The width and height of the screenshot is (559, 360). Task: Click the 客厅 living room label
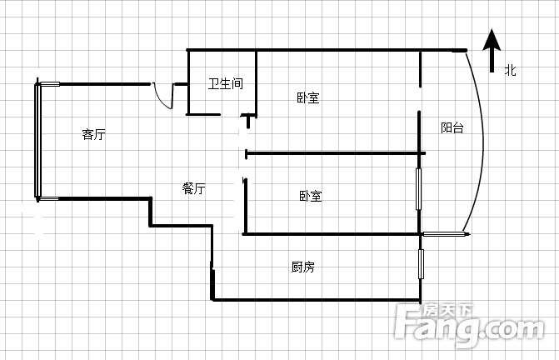pyautogui.click(x=94, y=134)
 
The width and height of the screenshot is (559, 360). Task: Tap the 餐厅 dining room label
pyautogui.click(x=193, y=188)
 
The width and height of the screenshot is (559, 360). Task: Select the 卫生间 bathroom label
pyautogui.click(x=226, y=83)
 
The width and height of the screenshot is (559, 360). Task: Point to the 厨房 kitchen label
pyautogui.click(x=302, y=267)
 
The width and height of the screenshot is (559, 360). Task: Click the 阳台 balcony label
pyautogui.click(x=452, y=127)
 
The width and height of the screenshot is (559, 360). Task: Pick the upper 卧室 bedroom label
pyautogui.click(x=308, y=97)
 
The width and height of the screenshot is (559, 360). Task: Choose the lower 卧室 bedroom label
pyautogui.click(x=311, y=196)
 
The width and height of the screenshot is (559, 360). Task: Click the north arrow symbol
pyautogui.click(x=492, y=50)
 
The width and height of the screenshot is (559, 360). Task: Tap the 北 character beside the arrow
pyautogui.click(x=510, y=70)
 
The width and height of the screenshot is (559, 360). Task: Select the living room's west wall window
pyautogui.click(x=37, y=140)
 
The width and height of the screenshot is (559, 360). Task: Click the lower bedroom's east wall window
pyautogui.click(x=418, y=189)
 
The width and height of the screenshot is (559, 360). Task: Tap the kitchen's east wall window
pyautogui.click(x=421, y=264)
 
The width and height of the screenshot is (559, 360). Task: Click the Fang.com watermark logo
pyautogui.click(x=469, y=325)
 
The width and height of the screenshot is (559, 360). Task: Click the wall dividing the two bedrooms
pyautogui.click(x=336, y=153)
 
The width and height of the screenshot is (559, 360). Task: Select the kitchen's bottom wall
pyautogui.click(x=317, y=300)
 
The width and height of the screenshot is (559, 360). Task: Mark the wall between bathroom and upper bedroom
pyautogui.click(x=256, y=83)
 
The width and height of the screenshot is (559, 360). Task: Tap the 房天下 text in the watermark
pyautogui.click(x=447, y=311)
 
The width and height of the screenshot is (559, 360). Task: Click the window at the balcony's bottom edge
pyautogui.click(x=445, y=234)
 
